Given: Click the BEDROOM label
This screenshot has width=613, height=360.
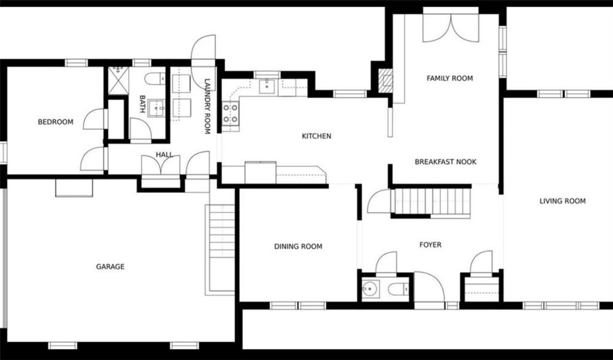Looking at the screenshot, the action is click(56, 122).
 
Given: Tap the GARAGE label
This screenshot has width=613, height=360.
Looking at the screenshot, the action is click(110, 267).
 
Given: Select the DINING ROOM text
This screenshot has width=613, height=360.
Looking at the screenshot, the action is click(298, 247).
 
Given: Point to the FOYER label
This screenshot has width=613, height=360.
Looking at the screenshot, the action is click(430, 245).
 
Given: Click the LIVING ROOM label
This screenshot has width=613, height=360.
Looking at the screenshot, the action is click(563, 201).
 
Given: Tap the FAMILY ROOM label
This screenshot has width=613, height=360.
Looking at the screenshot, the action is click(450, 78).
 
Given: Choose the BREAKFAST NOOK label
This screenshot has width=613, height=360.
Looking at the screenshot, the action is click(445, 162).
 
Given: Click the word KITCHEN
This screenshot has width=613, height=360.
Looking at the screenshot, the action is click(317, 136).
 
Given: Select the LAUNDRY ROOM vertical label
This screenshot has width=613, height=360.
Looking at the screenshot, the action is click(207, 107).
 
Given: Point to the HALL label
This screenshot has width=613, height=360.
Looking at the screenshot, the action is click(164, 155).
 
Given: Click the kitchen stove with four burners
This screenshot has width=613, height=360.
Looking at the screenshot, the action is click(230, 113).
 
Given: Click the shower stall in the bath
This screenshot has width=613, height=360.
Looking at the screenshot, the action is click(118, 81).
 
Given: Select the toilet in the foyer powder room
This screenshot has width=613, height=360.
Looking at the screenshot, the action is click(398, 289).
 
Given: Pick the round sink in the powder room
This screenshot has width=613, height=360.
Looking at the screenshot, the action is click(370, 290).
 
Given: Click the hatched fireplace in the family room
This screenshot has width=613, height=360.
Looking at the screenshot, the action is click(386, 81).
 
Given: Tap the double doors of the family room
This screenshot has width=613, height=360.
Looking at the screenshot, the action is click(451, 28).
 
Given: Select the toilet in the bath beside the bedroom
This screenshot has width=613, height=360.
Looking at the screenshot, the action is click(155, 78).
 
